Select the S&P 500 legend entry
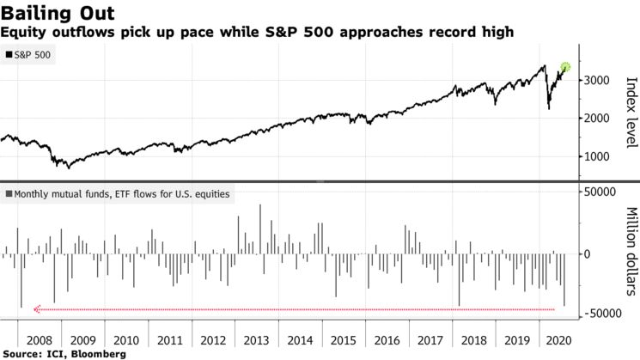pyautogui.click(x=29, y=54)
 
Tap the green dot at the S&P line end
pyautogui.click(x=565, y=67)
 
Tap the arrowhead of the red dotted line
pyautogui.click(x=36, y=309)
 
